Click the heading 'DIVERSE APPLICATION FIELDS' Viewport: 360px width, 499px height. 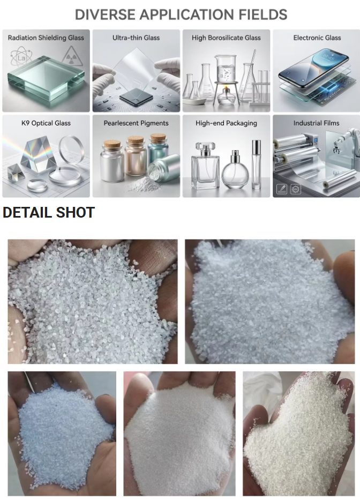(x=181, y=14)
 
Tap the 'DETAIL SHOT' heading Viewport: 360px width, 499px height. (x=49, y=212)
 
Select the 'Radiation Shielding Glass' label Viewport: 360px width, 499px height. (x=46, y=38)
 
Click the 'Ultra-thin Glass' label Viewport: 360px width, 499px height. (x=136, y=38)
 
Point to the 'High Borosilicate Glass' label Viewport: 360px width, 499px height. (x=226, y=38)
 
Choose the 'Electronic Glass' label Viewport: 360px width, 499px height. (x=317, y=38)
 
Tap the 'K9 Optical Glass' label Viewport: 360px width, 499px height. (x=46, y=123)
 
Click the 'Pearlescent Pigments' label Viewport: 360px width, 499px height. (x=136, y=123)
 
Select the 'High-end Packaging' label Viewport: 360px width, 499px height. (x=226, y=123)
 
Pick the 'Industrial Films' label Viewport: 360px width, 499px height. (x=317, y=123)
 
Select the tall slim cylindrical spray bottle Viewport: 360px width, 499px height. (x=256, y=164)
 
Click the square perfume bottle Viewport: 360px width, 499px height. (x=205, y=166)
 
